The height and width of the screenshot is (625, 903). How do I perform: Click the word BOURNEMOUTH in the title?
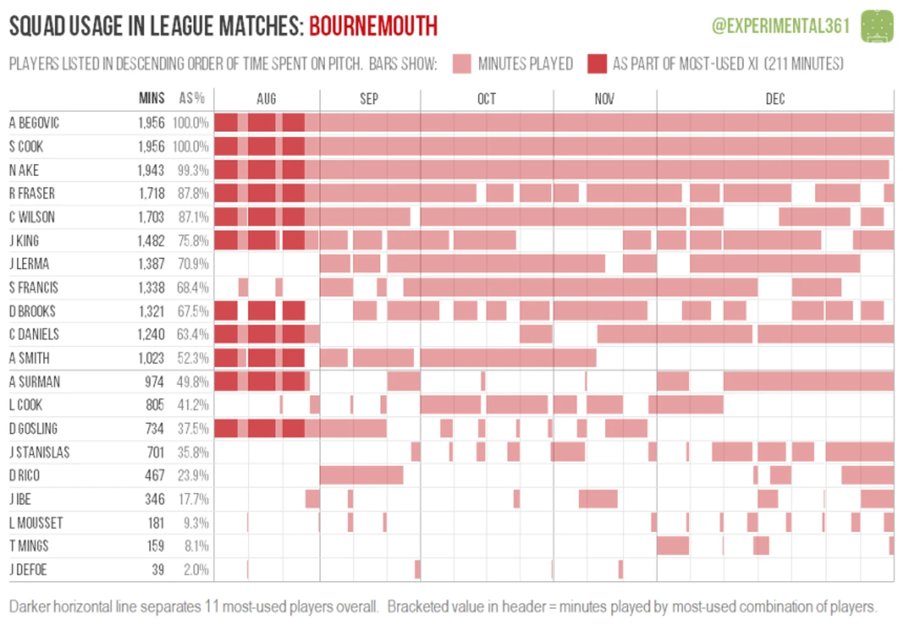[373, 26]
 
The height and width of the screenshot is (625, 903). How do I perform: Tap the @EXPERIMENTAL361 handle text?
[781, 26]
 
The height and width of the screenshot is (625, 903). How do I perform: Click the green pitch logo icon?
[877, 26]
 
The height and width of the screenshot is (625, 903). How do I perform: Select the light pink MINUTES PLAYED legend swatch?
[461, 64]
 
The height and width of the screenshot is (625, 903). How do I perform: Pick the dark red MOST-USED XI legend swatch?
[597, 64]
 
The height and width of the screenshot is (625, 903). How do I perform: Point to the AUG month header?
[266, 99]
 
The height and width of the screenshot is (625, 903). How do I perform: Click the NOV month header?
[604, 99]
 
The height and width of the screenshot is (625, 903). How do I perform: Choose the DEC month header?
[775, 99]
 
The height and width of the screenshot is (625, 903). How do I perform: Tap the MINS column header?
[152, 98]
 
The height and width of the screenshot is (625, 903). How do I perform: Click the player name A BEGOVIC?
[34, 123]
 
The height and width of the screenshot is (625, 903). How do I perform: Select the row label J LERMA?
[29, 264]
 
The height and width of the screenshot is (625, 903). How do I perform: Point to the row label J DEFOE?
[28, 569]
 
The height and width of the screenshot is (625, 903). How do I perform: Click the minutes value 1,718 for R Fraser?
[152, 194]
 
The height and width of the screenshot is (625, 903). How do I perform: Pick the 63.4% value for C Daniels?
[192, 335]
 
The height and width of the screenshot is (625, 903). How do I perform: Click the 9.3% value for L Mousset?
[196, 523]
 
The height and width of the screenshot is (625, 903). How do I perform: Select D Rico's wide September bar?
[361, 475]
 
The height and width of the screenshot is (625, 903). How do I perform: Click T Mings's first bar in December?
[673, 546]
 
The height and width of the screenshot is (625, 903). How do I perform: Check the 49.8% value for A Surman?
[192, 382]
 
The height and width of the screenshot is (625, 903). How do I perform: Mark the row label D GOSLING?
[33, 429]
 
